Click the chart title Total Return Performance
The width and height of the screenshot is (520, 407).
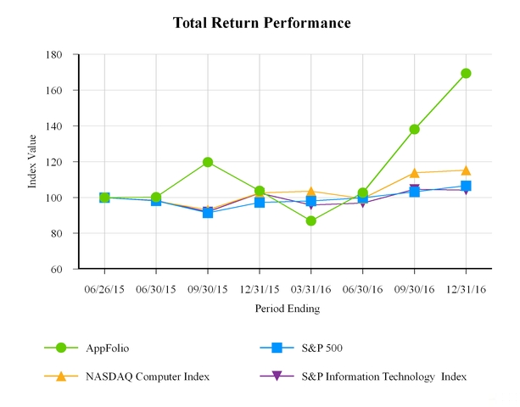coord(261,23)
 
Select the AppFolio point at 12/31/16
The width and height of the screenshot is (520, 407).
coord(466,74)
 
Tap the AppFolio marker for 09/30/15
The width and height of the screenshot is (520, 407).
coord(208,162)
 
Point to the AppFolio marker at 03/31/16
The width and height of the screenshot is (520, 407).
coord(311,221)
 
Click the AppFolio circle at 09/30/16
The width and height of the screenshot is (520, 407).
coord(415,130)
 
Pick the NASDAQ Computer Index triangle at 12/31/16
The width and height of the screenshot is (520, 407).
coord(466,170)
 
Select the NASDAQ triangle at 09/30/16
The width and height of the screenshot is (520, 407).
coord(415,173)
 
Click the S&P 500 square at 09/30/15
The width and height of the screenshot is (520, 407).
coord(208,213)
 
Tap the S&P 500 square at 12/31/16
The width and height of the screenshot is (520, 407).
coord(466,186)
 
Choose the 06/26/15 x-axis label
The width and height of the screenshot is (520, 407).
coord(104,289)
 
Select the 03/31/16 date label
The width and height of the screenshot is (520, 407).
coord(311,289)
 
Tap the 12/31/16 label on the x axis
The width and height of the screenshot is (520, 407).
coord(466,289)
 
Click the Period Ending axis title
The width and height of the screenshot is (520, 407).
coord(287,309)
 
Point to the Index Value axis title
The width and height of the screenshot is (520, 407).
coord(33,162)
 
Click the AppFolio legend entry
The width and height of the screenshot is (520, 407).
coord(107,348)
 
